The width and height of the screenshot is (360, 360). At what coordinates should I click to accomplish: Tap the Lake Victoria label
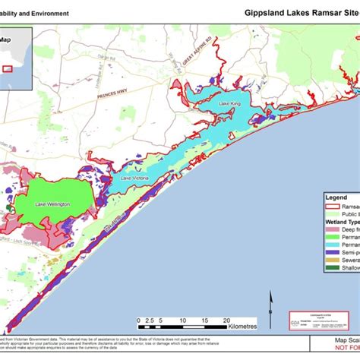point(133,178)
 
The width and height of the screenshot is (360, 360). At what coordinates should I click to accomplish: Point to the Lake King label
point(229,103)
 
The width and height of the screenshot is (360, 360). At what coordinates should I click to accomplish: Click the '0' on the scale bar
point(138,321)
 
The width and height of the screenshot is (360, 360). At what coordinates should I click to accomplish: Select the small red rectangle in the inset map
point(8,68)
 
